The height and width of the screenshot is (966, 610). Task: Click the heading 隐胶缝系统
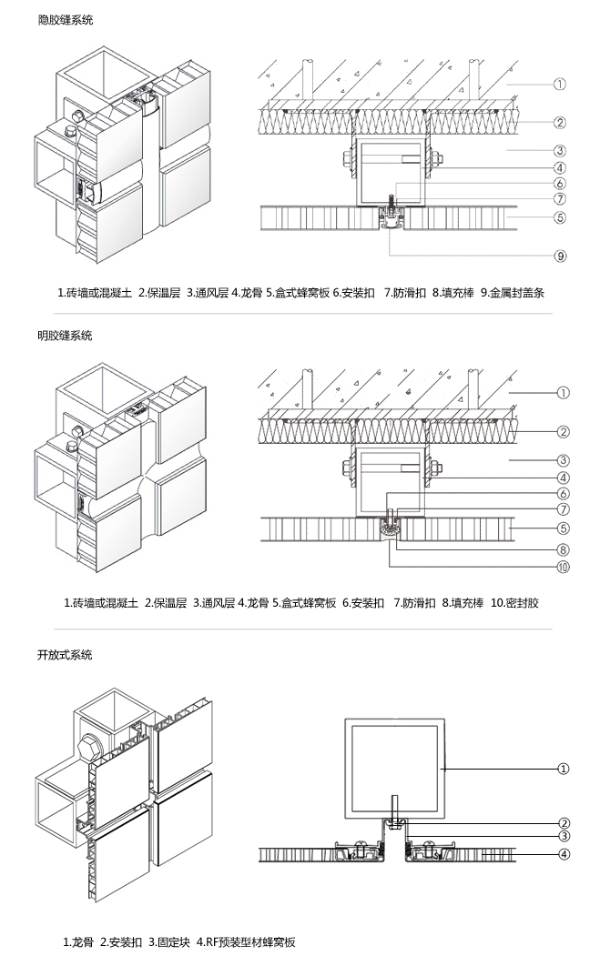pos(65,19)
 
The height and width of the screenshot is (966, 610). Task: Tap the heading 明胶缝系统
pos(65,336)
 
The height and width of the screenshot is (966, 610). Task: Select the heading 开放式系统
pos(65,655)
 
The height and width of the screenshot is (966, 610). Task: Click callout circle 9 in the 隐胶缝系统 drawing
pos(561,256)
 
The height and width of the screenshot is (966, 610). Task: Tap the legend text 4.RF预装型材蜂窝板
pos(246,942)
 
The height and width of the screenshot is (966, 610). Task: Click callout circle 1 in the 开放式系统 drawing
pos(564,769)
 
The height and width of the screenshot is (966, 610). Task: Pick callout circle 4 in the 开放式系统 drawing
pos(564,853)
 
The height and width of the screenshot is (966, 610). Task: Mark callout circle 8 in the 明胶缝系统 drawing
pos(563,548)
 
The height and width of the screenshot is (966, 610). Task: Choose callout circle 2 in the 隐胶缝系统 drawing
pos(561,122)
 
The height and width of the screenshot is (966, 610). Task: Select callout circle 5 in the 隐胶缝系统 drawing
pos(561,217)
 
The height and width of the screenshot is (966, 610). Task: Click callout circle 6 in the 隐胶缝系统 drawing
pos(561,184)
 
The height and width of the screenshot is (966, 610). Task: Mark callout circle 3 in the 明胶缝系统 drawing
pos(563,460)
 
